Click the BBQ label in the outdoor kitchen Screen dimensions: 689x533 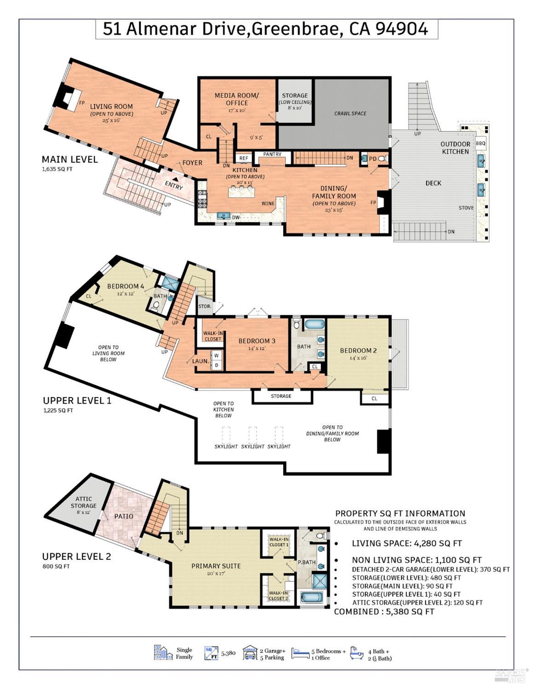pos(480,143)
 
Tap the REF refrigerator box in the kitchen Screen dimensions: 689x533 pos(244,158)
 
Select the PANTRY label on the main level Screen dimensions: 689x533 pos(272,154)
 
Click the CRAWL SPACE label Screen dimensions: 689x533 pos(350,113)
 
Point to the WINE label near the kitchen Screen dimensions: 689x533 pos(268,204)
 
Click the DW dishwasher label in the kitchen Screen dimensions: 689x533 pos(236,217)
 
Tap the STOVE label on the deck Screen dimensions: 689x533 pos(466,208)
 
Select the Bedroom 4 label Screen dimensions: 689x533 pos(125,286)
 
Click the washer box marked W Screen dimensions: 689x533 pos(216,356)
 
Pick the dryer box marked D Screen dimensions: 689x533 pos(216,365)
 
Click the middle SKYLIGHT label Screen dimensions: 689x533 pos(252,446)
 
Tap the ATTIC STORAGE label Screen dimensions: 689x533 pos(83,502)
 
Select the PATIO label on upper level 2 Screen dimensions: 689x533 pos(123,516)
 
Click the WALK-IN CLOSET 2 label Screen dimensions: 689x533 pos(279,596)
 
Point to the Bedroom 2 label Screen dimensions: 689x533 pos(358,351)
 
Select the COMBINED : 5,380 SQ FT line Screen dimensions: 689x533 pos(384,612)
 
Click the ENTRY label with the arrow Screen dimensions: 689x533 pos(173,185)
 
